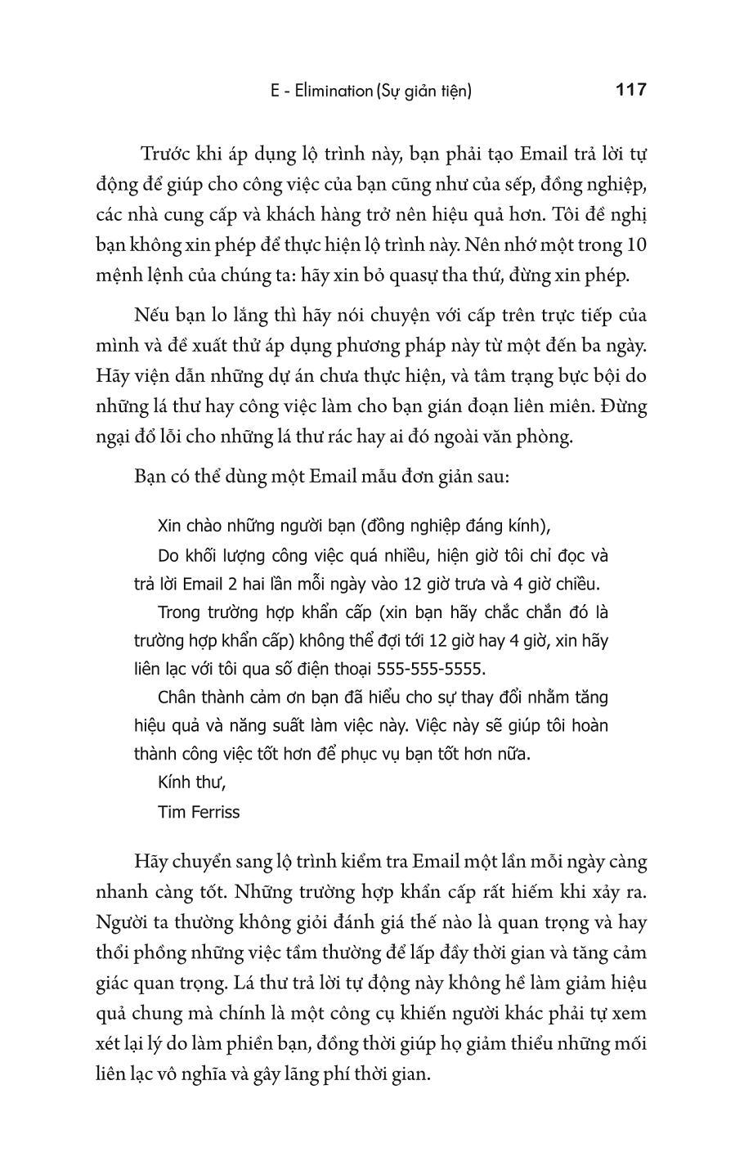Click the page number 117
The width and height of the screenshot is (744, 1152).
coord(630,90)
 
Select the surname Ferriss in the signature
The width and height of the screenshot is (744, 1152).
coord(213,811)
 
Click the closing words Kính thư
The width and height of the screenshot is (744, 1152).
coord(191,782)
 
